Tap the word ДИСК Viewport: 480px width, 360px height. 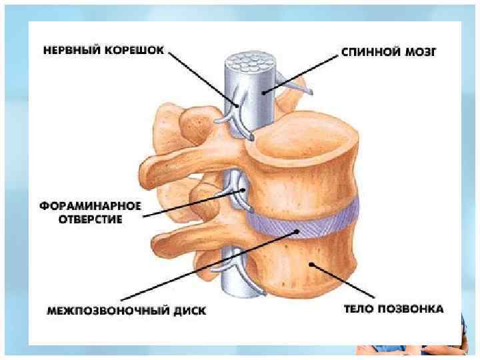189,310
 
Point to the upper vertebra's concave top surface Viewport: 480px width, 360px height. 300,133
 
